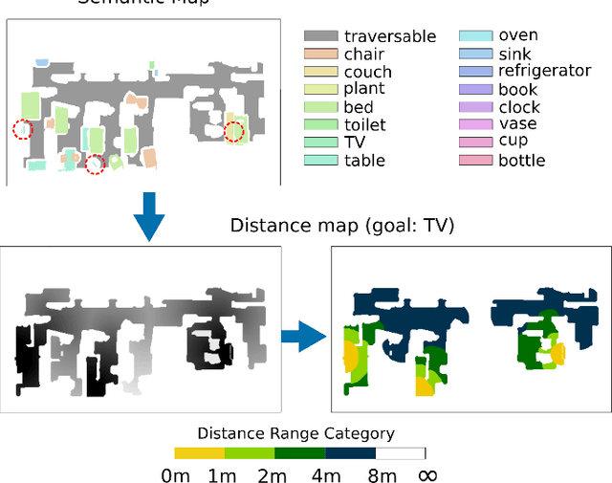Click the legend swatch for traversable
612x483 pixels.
click(x=321, y=36)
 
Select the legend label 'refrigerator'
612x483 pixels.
click(x=544, y=71)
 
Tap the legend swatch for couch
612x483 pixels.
click(x=321, y=72)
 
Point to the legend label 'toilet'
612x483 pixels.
click(x=365, y=124)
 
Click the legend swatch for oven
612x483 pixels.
click(x=476, y=36)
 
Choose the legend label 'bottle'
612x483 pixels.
click(x=522, y=160)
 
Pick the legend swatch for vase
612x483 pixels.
click(x=476, y=124)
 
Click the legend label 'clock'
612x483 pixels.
click(x=519, y=107)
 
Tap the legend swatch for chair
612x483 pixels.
click(x=321, y=55)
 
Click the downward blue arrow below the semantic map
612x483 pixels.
click(x=148, y=216)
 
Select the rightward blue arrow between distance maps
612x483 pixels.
click(x=303, y=335)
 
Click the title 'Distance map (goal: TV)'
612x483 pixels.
click(x=342, y=227)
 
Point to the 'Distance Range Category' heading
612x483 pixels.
click(x=295, y=433)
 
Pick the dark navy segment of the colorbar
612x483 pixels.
click(x=350, y=452)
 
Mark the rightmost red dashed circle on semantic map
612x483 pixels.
click(x=234, y=131)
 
